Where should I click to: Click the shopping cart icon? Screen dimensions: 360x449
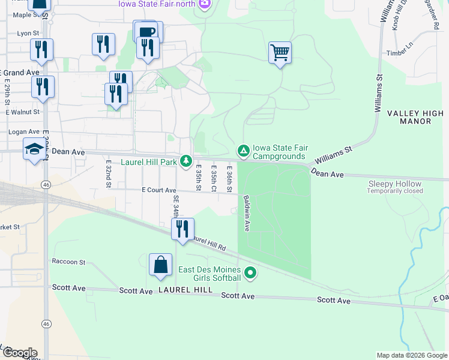[280, 53]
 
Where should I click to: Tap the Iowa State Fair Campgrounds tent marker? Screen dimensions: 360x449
[243, 150]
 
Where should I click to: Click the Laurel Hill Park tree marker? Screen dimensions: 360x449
[187, 161]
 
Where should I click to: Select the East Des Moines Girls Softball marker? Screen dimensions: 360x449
[250, 274]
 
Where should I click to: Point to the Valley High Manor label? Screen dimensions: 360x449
[417, 117]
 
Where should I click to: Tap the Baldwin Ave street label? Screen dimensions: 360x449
[246, 212]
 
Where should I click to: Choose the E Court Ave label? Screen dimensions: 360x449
[158, 190]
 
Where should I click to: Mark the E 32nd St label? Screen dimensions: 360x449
[109, 173]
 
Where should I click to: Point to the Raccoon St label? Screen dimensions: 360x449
[68, 262]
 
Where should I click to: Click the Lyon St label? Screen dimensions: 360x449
[28, 34]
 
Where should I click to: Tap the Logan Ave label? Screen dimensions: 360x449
[23, 131]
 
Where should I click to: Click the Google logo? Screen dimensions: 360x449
[19, 352]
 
